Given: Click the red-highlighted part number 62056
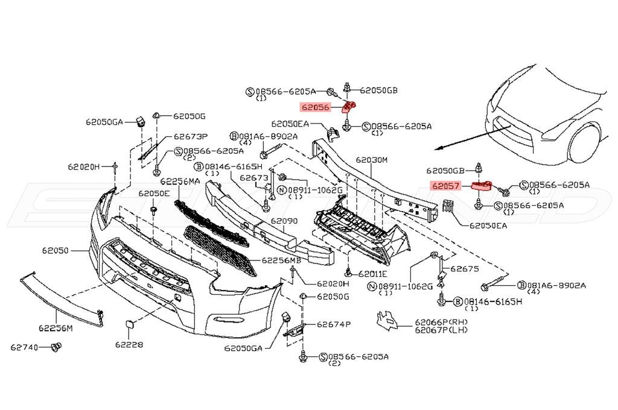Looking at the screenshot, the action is (315, 107).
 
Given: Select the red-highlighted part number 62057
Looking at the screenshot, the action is (446, 185).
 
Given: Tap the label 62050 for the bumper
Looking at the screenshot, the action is (56, 250).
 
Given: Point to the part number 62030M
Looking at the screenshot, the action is (372, 160).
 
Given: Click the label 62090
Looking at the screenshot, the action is (284, 221).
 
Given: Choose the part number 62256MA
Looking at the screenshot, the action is (180, 181).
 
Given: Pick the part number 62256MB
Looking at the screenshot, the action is (281, 260).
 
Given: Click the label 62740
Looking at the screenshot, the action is (24, 347).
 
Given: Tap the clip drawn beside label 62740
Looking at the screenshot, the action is (56, 347).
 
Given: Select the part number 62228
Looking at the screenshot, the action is (129, 345).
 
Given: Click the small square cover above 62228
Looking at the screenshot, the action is (129, 324).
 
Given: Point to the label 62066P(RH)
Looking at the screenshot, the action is (441, 323).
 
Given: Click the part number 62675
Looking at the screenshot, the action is (464, 269).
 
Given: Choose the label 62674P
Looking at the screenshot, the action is (333, 324).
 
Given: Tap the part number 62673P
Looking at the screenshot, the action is (191, 137).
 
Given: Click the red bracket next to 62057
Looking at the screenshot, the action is (482, 186).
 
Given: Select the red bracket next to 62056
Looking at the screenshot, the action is (349, 106).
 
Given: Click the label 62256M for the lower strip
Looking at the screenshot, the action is (56, 327).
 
